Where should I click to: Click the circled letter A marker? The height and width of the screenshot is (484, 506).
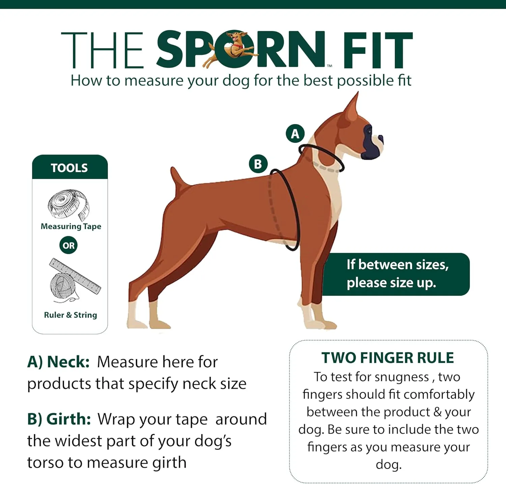[295, 134]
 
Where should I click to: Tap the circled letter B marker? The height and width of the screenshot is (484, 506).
[258, 164]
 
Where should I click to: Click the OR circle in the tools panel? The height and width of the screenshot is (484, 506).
[68, 245]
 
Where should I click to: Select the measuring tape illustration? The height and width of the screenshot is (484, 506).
[68, 205]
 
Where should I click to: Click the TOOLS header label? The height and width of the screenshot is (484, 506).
[69, 168]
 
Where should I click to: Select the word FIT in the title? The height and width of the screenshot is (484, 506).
[378, 50]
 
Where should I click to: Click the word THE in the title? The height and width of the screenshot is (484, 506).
[102, 50]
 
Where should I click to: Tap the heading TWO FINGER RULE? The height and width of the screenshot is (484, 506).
[388, 358]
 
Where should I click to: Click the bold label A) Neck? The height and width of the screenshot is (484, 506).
[58, 362]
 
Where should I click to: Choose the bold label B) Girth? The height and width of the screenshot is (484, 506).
[59, 419]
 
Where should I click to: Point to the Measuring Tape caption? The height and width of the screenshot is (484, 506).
[71, 226]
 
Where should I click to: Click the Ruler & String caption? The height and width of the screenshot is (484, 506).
[71, 315]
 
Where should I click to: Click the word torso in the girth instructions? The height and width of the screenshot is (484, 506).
[45, 462]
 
